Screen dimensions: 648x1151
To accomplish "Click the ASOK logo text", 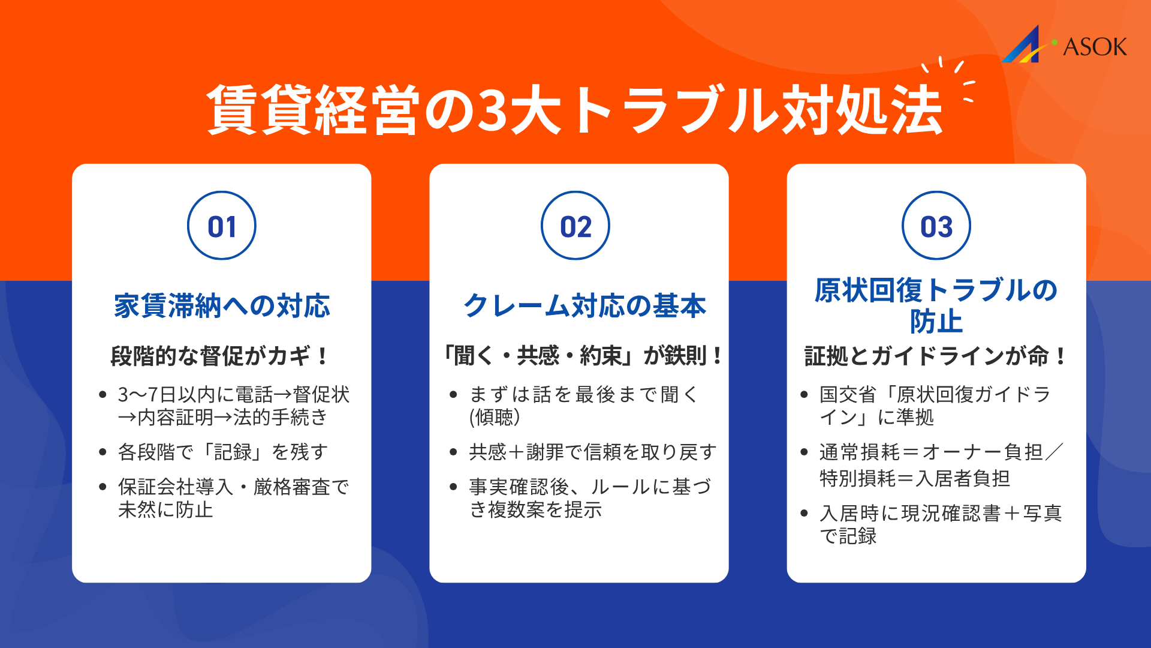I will click(x=1095, y=47).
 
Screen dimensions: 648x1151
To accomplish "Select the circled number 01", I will click(x=222, y=226).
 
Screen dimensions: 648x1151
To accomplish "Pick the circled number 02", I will click(x=575, y=226).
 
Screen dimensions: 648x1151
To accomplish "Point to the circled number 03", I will click(x=936, y=226).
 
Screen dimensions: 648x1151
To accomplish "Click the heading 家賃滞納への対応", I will click(x=222, y=306).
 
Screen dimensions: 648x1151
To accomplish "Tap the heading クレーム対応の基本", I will click(x=584, y=306).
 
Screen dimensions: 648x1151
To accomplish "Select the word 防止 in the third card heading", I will click(x=936, y=322).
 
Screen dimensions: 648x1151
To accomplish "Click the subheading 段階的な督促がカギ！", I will click(x=220, y=356).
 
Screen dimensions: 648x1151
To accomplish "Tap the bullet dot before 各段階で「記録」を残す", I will click(x=103, y=452).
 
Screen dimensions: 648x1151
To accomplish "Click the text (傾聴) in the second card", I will click(x=495, y=417).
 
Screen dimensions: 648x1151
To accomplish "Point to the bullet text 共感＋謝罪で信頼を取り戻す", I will click(x=592, y=452).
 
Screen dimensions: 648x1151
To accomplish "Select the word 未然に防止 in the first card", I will click(x=165, y=509).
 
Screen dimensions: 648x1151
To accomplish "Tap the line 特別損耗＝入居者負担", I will click(x=915, y=478).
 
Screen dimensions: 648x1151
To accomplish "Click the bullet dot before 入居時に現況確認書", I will click(x=804, y=514).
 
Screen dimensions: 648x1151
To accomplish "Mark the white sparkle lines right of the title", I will click(x=953, y=78).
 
